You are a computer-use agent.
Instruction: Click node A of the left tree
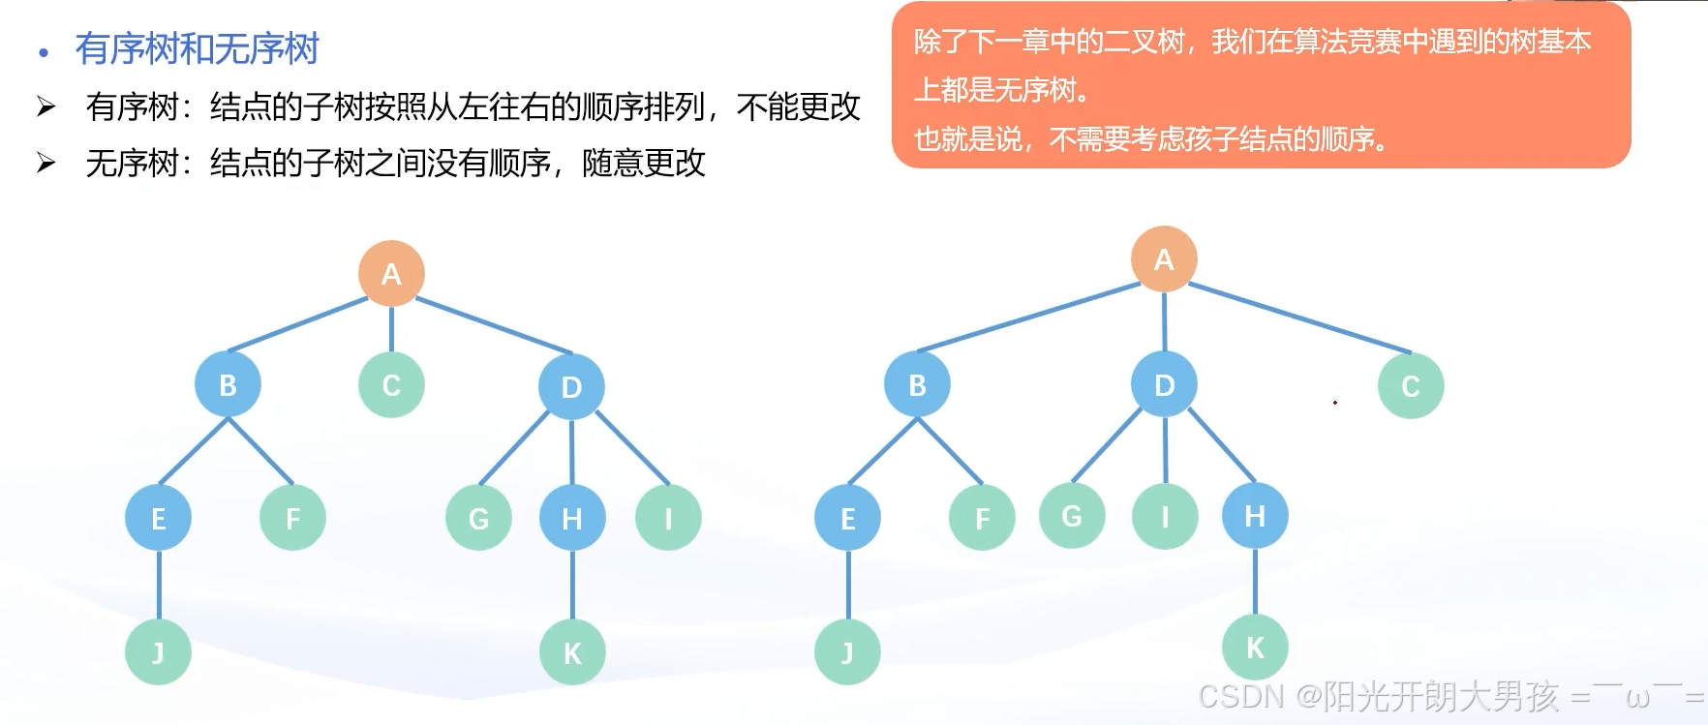[x=391, y=274]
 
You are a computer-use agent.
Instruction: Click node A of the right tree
[x=1164, y=259]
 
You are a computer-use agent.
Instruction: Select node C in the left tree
[x=391, y=385]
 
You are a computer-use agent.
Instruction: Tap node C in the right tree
[x=1410, y=386]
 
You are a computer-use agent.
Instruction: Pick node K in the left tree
[x=572, y=653]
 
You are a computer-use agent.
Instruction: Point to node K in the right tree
[x=1255, y=648]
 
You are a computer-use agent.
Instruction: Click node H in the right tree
[x=1255, y=516]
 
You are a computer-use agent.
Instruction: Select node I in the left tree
[x=668, y=519]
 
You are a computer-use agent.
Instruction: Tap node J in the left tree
[x=158, y=653]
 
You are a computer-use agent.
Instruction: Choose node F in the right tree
[x=982, y=519]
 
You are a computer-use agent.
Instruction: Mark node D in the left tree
[x=571, y=387]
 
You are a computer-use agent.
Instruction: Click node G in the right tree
[x=1072, y=516]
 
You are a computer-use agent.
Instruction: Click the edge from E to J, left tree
[x=159, y=586]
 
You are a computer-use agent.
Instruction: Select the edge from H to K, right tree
[x=1255, y=582]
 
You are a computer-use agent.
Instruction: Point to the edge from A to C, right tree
[x=1297, y=317]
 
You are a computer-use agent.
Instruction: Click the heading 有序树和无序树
[x=197, y=49]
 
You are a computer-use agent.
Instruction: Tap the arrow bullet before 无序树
[x=46, y=163]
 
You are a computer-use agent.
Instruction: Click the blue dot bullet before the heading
[x=43, y=52]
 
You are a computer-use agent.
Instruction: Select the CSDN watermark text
[x=1450, y=696]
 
